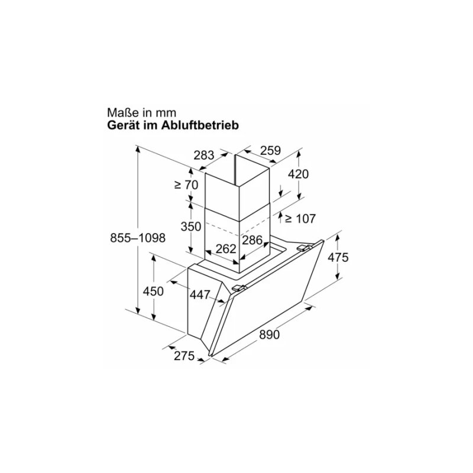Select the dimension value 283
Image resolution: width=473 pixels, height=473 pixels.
[203, 156]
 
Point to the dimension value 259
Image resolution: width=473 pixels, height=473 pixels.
[270, 151]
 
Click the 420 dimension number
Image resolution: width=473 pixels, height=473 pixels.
[298, 174]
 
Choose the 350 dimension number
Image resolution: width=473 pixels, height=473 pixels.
[192, 226]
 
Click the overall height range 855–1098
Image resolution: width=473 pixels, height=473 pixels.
[137, 237]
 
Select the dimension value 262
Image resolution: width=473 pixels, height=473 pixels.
[226, 249]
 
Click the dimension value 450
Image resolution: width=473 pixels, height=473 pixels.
[153, 291]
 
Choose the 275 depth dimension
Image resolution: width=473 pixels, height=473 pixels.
[184, 356]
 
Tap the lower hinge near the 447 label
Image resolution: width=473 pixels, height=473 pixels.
[239, 288]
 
